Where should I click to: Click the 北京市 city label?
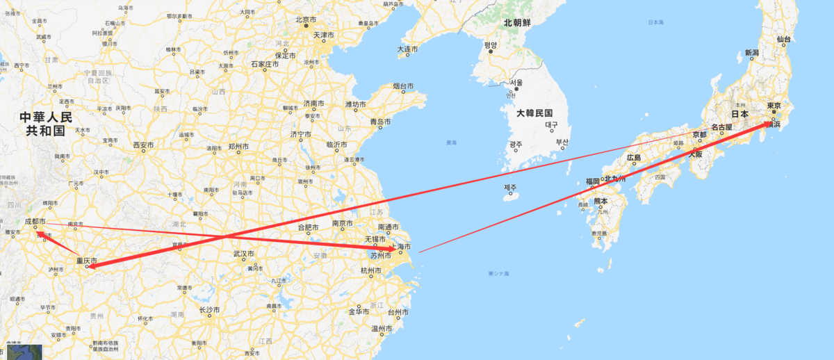(306, 19)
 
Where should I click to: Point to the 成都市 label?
(35, 221)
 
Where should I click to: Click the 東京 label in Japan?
(774, 106)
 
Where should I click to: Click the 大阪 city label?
(695, 155)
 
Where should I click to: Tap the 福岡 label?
(592, 181)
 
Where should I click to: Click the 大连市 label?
(407, 49)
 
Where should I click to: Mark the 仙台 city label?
(784, 39)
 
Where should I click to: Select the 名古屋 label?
(721, 128)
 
